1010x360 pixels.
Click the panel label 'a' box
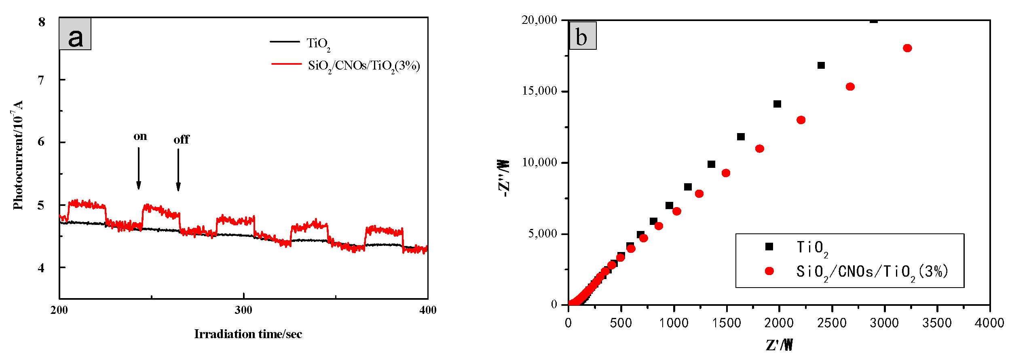[75, 34]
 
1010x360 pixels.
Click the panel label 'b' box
[582, 36]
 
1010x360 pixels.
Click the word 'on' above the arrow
[140, 136]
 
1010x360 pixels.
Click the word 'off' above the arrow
[181, 140]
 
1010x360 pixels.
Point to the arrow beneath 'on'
[139, 168]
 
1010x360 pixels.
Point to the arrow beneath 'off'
[178, 170]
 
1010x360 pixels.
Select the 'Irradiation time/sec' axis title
[248, 334]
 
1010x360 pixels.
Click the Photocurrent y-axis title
[17, 155]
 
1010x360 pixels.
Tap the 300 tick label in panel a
[243, 310]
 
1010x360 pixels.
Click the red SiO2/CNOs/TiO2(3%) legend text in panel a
[364, 66]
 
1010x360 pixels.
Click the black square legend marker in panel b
[769, 247]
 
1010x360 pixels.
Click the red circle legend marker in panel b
[769, 271]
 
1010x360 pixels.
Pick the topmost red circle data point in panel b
[907, 48]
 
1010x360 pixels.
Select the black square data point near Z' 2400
[821, 66]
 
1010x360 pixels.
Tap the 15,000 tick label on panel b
[539, 91]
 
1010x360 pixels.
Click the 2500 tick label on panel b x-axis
[832, 323]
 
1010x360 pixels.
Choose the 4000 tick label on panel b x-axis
[989, 323]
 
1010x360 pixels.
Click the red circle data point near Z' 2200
[801, 120]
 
